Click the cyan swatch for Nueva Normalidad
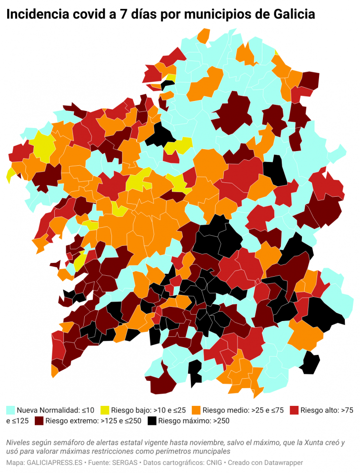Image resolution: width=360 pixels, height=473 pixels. coord(10,410)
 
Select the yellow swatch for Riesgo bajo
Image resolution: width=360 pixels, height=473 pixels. coord(105,410)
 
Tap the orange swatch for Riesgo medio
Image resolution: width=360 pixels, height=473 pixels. coord(196,410)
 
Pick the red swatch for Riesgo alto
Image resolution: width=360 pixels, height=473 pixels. coord(294,410)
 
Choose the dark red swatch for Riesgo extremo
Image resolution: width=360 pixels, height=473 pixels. coord(39,421)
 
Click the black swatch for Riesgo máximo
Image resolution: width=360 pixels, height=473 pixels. coord(152,421)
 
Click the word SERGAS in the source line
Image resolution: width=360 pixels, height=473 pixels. coord(124,463)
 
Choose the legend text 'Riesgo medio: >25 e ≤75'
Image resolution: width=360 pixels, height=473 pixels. coord(243,410)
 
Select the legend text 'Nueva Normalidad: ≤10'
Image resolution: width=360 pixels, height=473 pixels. coord(56,410)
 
